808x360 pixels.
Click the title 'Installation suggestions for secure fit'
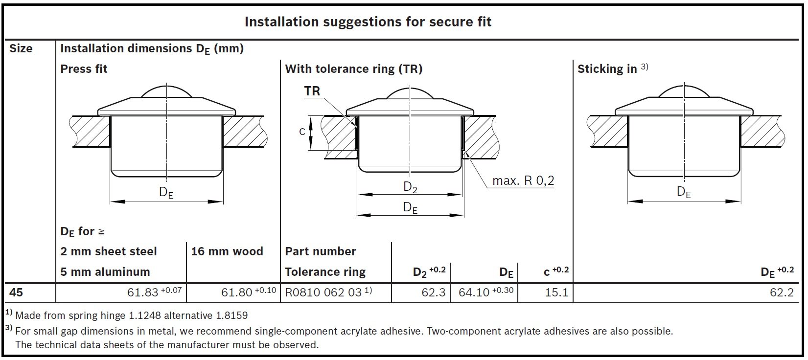(368, 22)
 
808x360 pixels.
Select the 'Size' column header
(21, 48)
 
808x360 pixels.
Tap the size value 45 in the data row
(16, 292)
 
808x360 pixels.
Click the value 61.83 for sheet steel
(142, 293)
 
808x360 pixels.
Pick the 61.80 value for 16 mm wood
(237, 293)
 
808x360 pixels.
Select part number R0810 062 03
(323, 293)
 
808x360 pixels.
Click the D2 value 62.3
(433, 293)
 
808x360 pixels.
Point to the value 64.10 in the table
(474, 293)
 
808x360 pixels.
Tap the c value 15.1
(556, 293)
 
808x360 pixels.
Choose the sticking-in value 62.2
(782, 293)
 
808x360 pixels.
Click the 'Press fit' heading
(84, 69)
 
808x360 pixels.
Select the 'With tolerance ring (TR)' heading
(353, 69)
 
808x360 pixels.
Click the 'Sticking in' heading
(607, 69)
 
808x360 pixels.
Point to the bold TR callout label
(312, 91)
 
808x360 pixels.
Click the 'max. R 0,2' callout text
(523, 181)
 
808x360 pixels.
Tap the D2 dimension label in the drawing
(410, 187)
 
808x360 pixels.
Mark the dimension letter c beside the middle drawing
(302, 132)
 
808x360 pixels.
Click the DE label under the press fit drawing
(166, 192)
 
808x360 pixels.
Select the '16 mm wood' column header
(227, 251)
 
